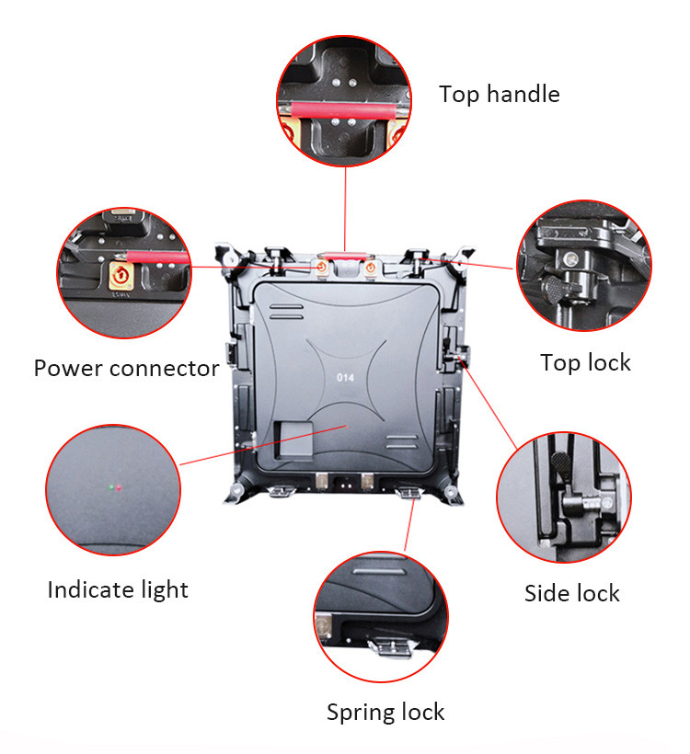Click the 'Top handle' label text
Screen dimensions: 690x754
coord(499,94)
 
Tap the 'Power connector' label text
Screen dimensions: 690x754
coord(126,369)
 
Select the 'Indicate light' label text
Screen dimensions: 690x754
coord(118,590)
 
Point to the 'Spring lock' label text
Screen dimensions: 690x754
coord(385,713)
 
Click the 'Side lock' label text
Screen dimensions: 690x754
coord(571,593)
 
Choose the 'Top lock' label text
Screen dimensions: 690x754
coord(585,363)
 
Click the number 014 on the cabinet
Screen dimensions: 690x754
coord(346,378)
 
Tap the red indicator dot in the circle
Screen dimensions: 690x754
coord(119,488)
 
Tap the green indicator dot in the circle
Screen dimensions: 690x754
coord(111,487)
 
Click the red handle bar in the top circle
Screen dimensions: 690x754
coord(343,110)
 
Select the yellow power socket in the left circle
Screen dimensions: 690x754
coord(121,276)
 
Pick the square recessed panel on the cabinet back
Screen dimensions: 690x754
coord(293,440)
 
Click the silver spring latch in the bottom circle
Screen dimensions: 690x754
coord(391,645)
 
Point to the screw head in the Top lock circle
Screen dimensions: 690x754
coord(571,258)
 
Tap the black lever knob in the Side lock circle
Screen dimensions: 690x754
coord(561,463)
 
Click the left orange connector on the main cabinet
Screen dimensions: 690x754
coord(321,267)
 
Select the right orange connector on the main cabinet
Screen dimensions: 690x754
coord(370,267)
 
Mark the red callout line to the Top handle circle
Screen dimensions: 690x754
coord(345,209)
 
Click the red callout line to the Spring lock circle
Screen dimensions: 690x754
coord(409,525)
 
